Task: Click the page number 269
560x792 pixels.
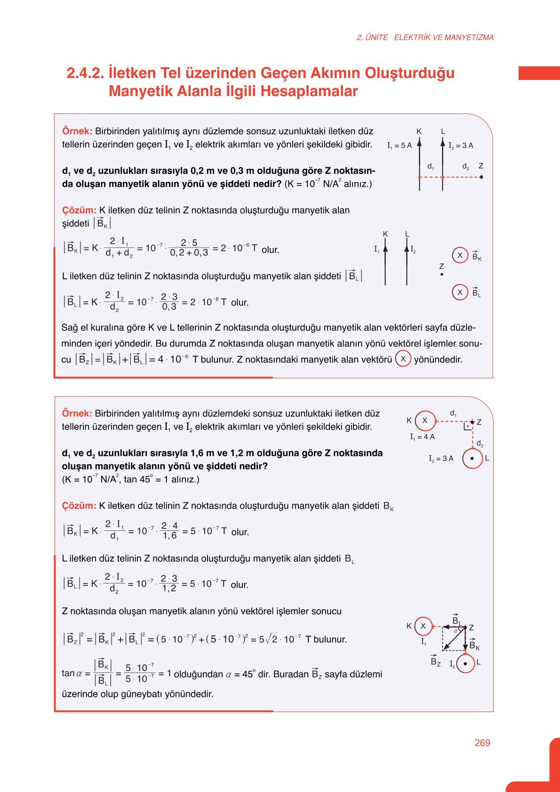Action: click(x=482, y=743)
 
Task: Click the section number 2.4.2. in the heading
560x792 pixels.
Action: click(x=85, y=73)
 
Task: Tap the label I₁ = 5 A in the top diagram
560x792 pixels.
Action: click(x=399, y=145)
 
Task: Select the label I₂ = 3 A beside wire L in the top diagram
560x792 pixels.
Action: click(x=461, y=145)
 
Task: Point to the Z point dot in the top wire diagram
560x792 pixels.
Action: click(x=481, y=177)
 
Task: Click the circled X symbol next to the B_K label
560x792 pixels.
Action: click(x=460, y=256)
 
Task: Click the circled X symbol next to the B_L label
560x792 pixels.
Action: click(x=460, y=292)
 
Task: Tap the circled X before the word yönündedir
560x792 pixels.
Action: click(x=403, y=359)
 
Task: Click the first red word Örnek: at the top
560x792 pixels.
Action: click(x=77, y=131)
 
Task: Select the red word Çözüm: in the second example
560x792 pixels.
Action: click(x=79, y=506)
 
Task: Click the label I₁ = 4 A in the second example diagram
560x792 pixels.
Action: click(x=422, y=437)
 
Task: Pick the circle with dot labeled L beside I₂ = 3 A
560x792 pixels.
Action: click(x=472, y=458)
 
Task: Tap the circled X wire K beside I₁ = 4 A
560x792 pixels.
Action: click(x=425, y=420)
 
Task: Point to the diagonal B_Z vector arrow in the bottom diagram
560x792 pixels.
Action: click(x=454, y=639)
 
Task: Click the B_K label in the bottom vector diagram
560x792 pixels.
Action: click(x=474, y=646)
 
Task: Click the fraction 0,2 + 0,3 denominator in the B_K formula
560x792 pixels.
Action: click(x=189, y=253)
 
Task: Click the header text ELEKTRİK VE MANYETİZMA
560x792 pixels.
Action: click(x=444, y=37)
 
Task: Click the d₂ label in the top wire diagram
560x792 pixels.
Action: click(x=465, y=167)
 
